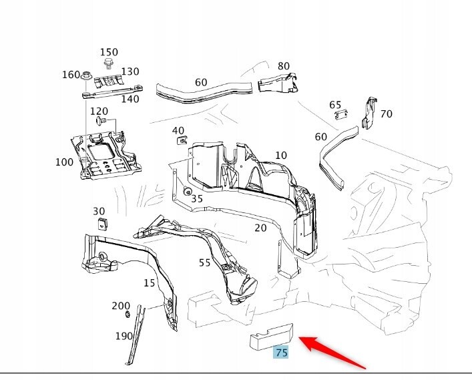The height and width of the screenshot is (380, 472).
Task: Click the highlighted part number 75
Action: pos(281,352)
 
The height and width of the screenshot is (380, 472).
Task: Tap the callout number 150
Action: pos(109,53)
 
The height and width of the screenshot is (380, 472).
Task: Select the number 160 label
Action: pos(71,75)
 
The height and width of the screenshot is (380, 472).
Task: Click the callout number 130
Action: pos(130,72)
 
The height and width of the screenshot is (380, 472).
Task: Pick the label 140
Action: pos(130,99)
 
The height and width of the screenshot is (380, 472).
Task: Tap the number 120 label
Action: pos(99,111)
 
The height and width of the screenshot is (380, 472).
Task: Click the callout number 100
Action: pos(65,162)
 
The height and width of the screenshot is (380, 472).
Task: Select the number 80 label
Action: pos(284,66)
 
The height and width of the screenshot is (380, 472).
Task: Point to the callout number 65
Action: pos(335,105)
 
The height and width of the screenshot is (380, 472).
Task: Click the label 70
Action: pos(386,114)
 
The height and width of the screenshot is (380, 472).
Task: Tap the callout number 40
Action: pos(178,130)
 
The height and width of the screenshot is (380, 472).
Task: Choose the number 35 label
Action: pos(197,198)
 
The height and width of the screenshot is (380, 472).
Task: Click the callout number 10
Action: pos(281,156)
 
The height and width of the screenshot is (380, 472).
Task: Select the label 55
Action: pos(205,262)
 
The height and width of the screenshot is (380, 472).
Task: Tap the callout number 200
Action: pos(121,306)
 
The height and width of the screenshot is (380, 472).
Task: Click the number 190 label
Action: pos(124,336)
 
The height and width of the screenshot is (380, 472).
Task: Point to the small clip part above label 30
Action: pos(100,222)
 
